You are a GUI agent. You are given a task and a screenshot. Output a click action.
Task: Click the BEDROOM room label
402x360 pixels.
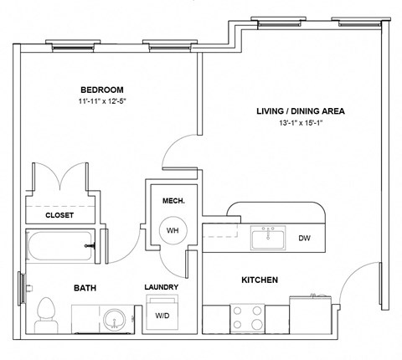pyautogui.click(x=102, y=90)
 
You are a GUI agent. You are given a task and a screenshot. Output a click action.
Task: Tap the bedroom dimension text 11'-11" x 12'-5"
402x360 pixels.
pyautogui.click(x=102, y=101)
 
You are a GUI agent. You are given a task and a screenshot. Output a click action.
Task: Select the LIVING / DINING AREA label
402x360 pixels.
pyautogui.click(x=301, y=111)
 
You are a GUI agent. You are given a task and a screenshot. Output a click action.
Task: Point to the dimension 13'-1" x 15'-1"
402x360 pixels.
pyautogui.click(x=301, y=123)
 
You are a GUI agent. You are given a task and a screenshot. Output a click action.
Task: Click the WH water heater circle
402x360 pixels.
pyautogui.click(x=173, y=230)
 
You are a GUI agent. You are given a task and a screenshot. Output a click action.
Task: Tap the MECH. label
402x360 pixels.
pyautogui.click(x=173, y=201)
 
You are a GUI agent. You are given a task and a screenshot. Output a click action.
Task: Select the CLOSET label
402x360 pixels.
pyautogui.click(x=59, y=215)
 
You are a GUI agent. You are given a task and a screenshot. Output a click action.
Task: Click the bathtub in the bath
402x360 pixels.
pyautogui.click(x=60, y=246)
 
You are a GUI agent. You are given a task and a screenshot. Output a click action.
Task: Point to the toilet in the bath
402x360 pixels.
pyautogui.click(x=46, y=316)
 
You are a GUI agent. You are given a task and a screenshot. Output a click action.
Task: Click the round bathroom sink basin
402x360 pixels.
pyautogui.click(x=114, y=319)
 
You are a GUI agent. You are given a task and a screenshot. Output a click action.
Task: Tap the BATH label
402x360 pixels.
pyautogui.click(x=85, y=288)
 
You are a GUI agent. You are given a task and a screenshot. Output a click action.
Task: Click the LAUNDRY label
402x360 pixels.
pyautogui.click(x=162, y=287)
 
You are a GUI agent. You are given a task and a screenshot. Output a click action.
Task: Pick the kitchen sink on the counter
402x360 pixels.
pyautogui.click(x=268, y=238)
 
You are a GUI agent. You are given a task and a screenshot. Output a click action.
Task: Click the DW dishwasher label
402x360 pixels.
pyautogui.click(x=304, y=238)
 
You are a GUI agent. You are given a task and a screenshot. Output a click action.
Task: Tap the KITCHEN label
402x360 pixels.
pyautogui.click(x=260, y=280)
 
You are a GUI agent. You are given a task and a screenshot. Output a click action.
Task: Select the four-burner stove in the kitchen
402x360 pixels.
pyautogui.click(x=247, y=319)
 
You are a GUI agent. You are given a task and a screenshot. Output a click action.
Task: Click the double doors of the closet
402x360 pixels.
pyautogui.click(x=60, y=177)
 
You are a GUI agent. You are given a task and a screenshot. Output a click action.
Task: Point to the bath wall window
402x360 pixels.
pyautogui.click(x=22, y=288)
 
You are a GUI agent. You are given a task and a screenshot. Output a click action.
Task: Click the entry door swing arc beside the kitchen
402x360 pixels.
pyautogui.click(x=349, y=275)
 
